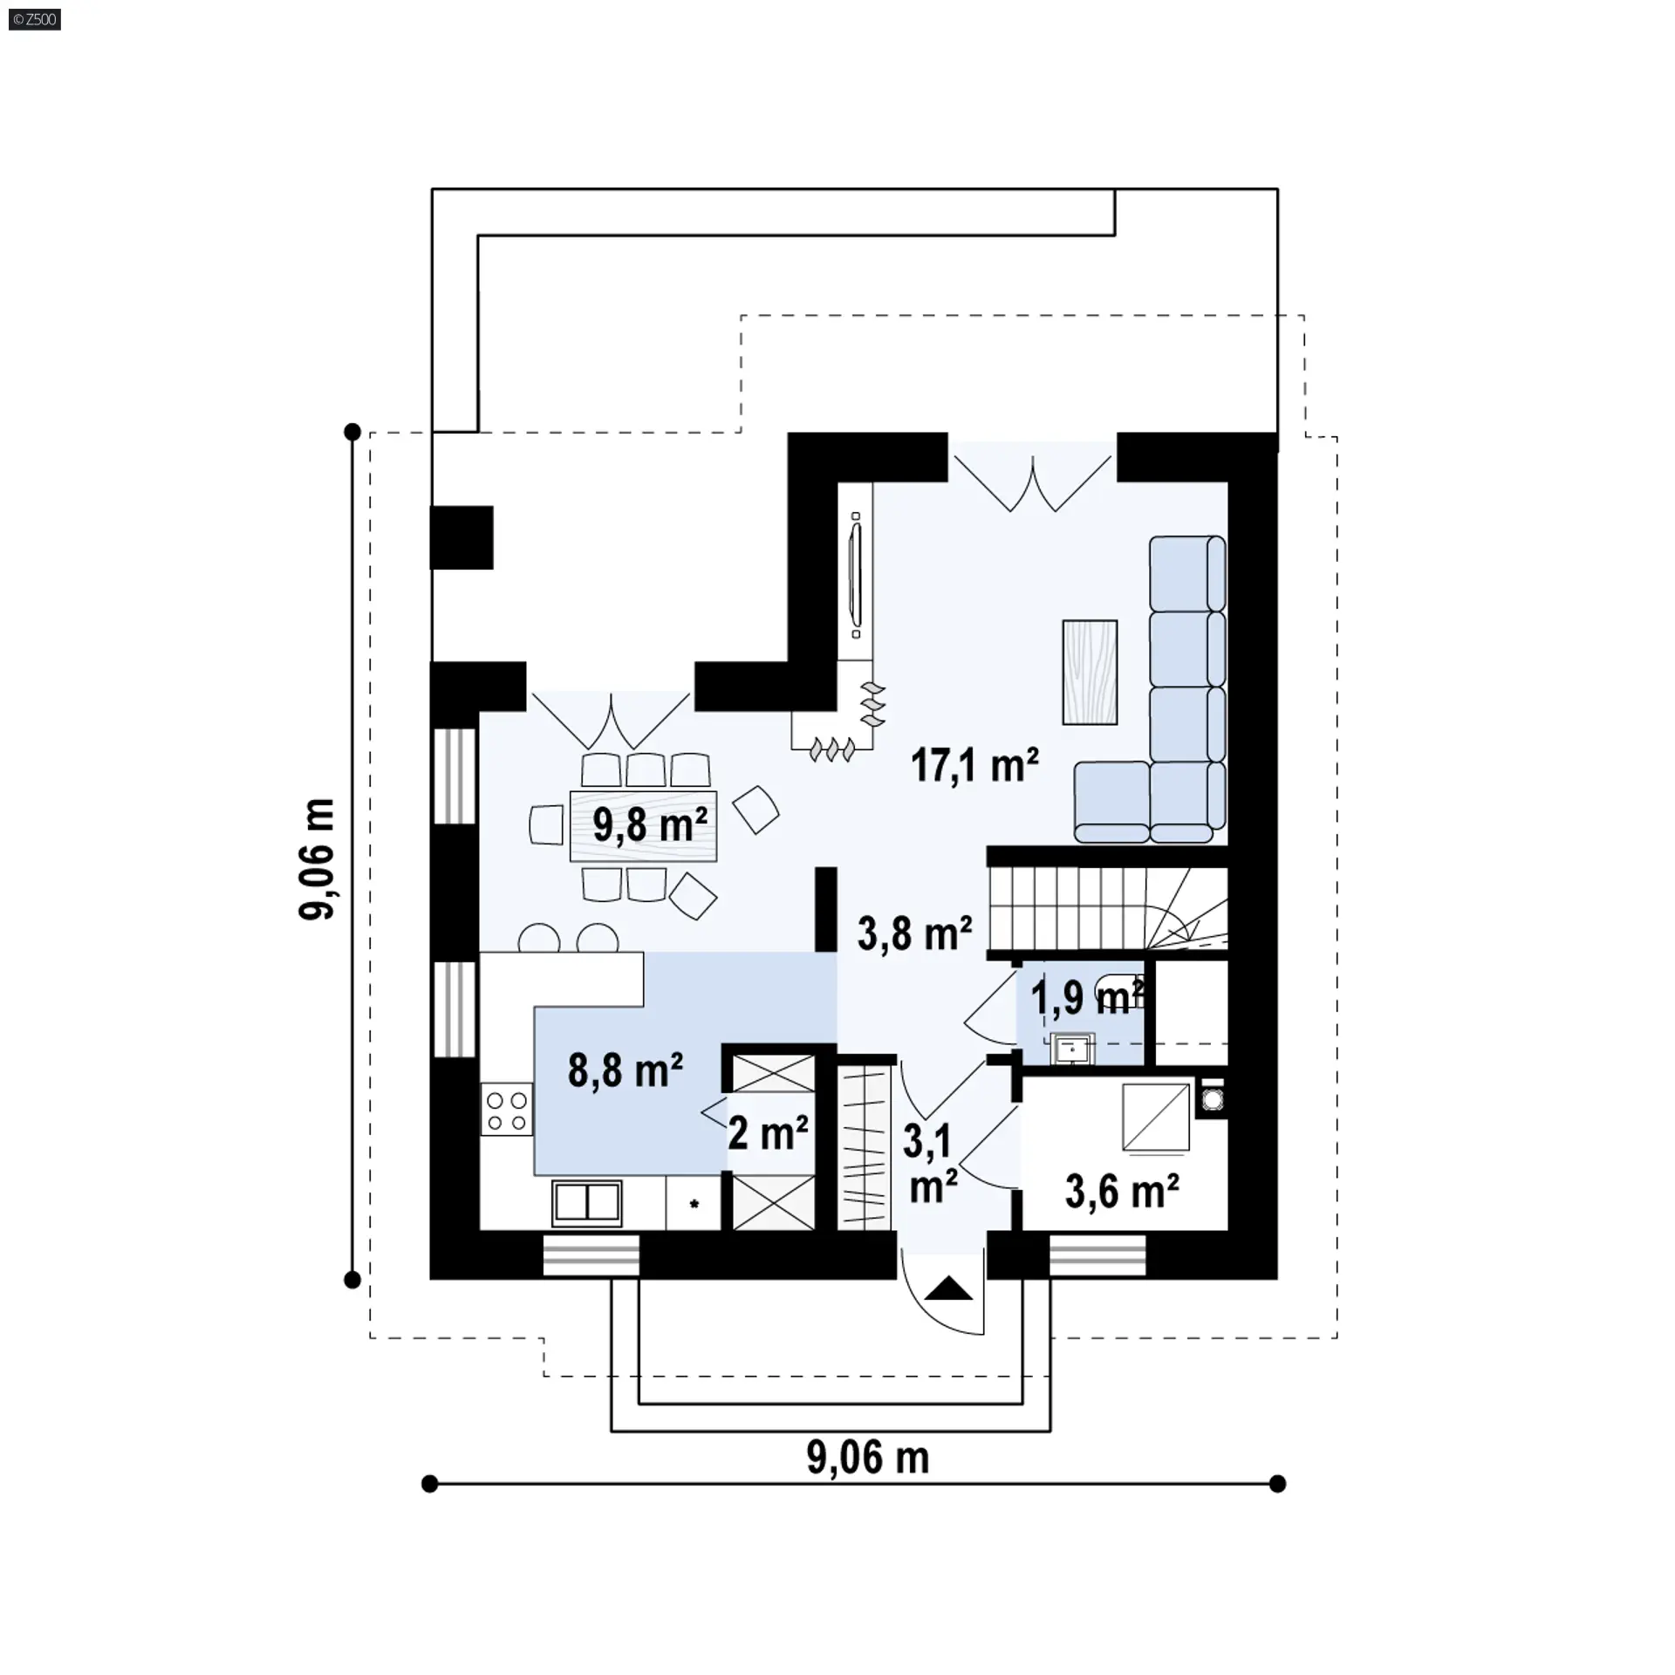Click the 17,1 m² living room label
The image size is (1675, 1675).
[974, 765]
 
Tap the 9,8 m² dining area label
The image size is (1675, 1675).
[650, 824]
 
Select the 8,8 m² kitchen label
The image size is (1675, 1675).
[625, 1070]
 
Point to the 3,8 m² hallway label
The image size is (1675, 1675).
[914, 933]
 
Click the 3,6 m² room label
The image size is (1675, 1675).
[1122, 1191]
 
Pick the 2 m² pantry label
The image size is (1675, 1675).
[768, 1133]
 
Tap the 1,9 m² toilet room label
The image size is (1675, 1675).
[1087, 997]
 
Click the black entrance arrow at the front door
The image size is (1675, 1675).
[948, 1289]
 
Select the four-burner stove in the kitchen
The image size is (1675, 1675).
[507, 1110]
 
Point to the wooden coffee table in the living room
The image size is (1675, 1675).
[1090, 672]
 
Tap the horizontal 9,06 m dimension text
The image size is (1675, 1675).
[867, 1457]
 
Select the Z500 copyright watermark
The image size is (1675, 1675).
[35, 18]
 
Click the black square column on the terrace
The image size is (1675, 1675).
[461, 537]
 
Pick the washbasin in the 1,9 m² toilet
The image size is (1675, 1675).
[1072, 1049]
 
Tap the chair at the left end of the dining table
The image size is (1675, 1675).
[547, 824]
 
